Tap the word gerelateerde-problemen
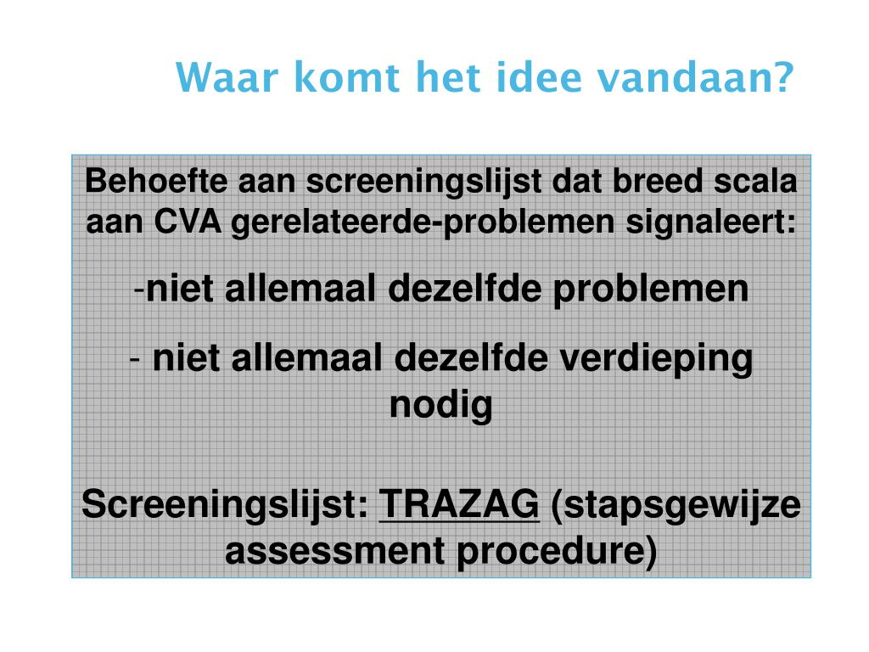coord(425,222)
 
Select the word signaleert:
coord(713,222)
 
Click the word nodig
coord(440,405)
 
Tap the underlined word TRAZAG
coord(458,506)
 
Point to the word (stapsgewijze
coord(676,506)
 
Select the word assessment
coord(336,551)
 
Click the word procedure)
coord(557,551)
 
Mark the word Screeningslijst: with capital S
coord(225,506)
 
